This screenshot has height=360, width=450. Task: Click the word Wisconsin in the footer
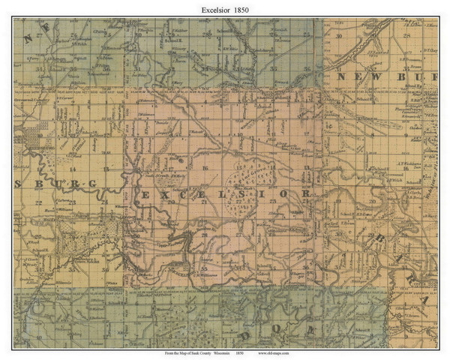(226, 352)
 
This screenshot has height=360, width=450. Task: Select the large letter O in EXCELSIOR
(283, 193)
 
